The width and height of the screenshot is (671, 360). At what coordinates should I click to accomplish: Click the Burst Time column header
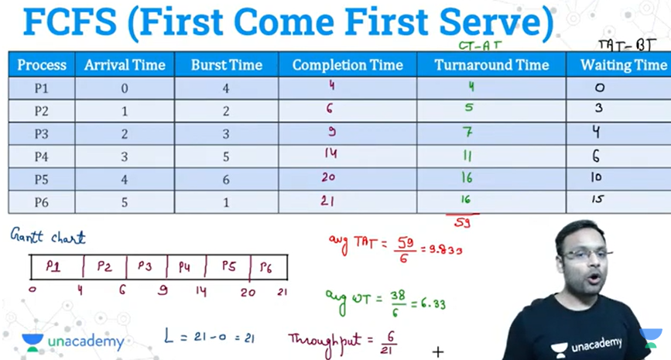click(227, 64)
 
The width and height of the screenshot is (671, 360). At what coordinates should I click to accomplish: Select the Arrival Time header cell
click(125, 64)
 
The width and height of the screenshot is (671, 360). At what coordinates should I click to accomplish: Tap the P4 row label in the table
click(42, 156)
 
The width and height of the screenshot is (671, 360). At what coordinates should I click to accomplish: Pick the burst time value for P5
click(226, 180)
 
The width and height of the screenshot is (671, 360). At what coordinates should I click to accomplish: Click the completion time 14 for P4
click(330, 153)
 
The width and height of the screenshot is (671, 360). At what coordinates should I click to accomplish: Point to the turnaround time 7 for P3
click(467, 132)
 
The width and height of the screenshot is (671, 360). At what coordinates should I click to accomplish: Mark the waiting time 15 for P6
click(597, 199)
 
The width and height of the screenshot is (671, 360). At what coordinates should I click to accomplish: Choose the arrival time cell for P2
click(125, 111)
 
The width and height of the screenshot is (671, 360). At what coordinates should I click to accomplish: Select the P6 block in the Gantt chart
click(269, 267)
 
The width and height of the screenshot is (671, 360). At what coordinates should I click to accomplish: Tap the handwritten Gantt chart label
click(48, 236)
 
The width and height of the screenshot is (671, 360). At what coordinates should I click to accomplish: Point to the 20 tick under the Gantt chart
click(248, 293)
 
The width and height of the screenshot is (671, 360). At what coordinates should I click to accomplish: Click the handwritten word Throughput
click(325, 342)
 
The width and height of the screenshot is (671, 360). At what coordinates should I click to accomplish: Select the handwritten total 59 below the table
click(462, 223)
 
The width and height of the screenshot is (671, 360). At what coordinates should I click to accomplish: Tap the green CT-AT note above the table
click(480, 46)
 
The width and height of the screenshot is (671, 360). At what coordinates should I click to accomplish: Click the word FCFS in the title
click(70, 22)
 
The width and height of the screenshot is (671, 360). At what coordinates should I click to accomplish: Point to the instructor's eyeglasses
click(584, 255)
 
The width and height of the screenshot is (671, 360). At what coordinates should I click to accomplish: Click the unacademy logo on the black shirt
click(587, 345)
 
